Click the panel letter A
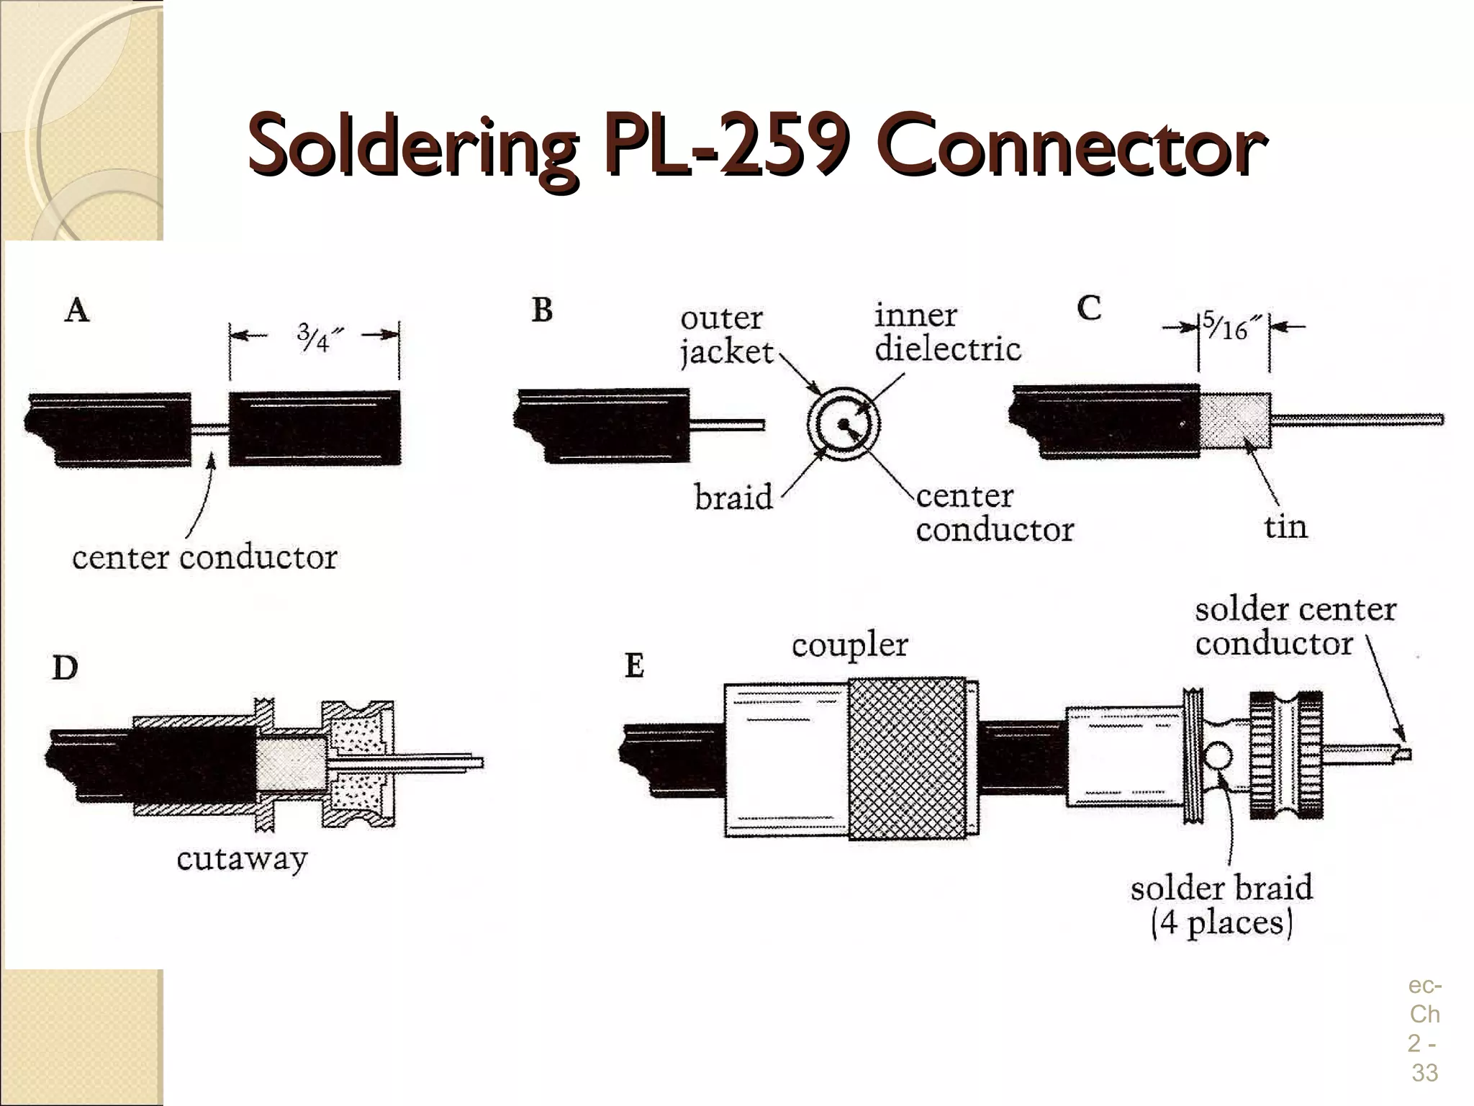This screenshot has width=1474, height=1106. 77,310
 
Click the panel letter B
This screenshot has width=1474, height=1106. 542,310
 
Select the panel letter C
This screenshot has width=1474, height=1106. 1089,308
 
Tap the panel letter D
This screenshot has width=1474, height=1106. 65,668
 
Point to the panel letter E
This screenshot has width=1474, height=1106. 634,665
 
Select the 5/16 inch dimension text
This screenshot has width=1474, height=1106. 1232,327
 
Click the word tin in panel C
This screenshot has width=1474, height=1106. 1285,527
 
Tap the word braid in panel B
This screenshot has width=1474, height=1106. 733,497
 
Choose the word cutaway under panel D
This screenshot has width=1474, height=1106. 242,858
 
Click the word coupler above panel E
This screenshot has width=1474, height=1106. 849,645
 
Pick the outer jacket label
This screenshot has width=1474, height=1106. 725,336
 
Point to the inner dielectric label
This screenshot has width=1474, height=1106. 947,333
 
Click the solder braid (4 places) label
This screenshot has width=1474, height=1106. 1221,905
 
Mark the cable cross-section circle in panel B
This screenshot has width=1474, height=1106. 844,424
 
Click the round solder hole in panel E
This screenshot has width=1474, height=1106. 1217,756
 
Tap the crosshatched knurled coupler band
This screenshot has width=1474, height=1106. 907,757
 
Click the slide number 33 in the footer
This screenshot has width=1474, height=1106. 1424,1072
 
